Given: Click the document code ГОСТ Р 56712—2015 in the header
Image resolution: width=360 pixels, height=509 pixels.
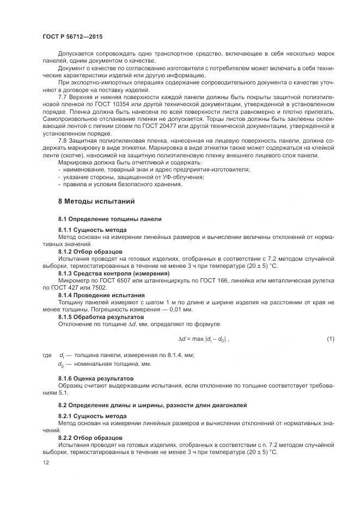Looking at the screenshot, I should [x=72, y=36].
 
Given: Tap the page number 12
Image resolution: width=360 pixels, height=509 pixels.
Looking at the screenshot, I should [x=45, y=462].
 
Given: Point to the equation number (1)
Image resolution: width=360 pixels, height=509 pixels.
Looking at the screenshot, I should [x=330, y=339].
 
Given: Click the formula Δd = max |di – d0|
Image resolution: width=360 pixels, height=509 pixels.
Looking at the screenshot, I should [x=204, y=339].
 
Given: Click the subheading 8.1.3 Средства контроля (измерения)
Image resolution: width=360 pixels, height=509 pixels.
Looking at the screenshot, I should [x=114, y=273].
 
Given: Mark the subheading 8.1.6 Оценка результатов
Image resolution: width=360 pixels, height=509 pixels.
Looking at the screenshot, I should [x=96, y=378].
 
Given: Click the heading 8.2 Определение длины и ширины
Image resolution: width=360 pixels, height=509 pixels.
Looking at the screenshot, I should [x=152, y=405].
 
